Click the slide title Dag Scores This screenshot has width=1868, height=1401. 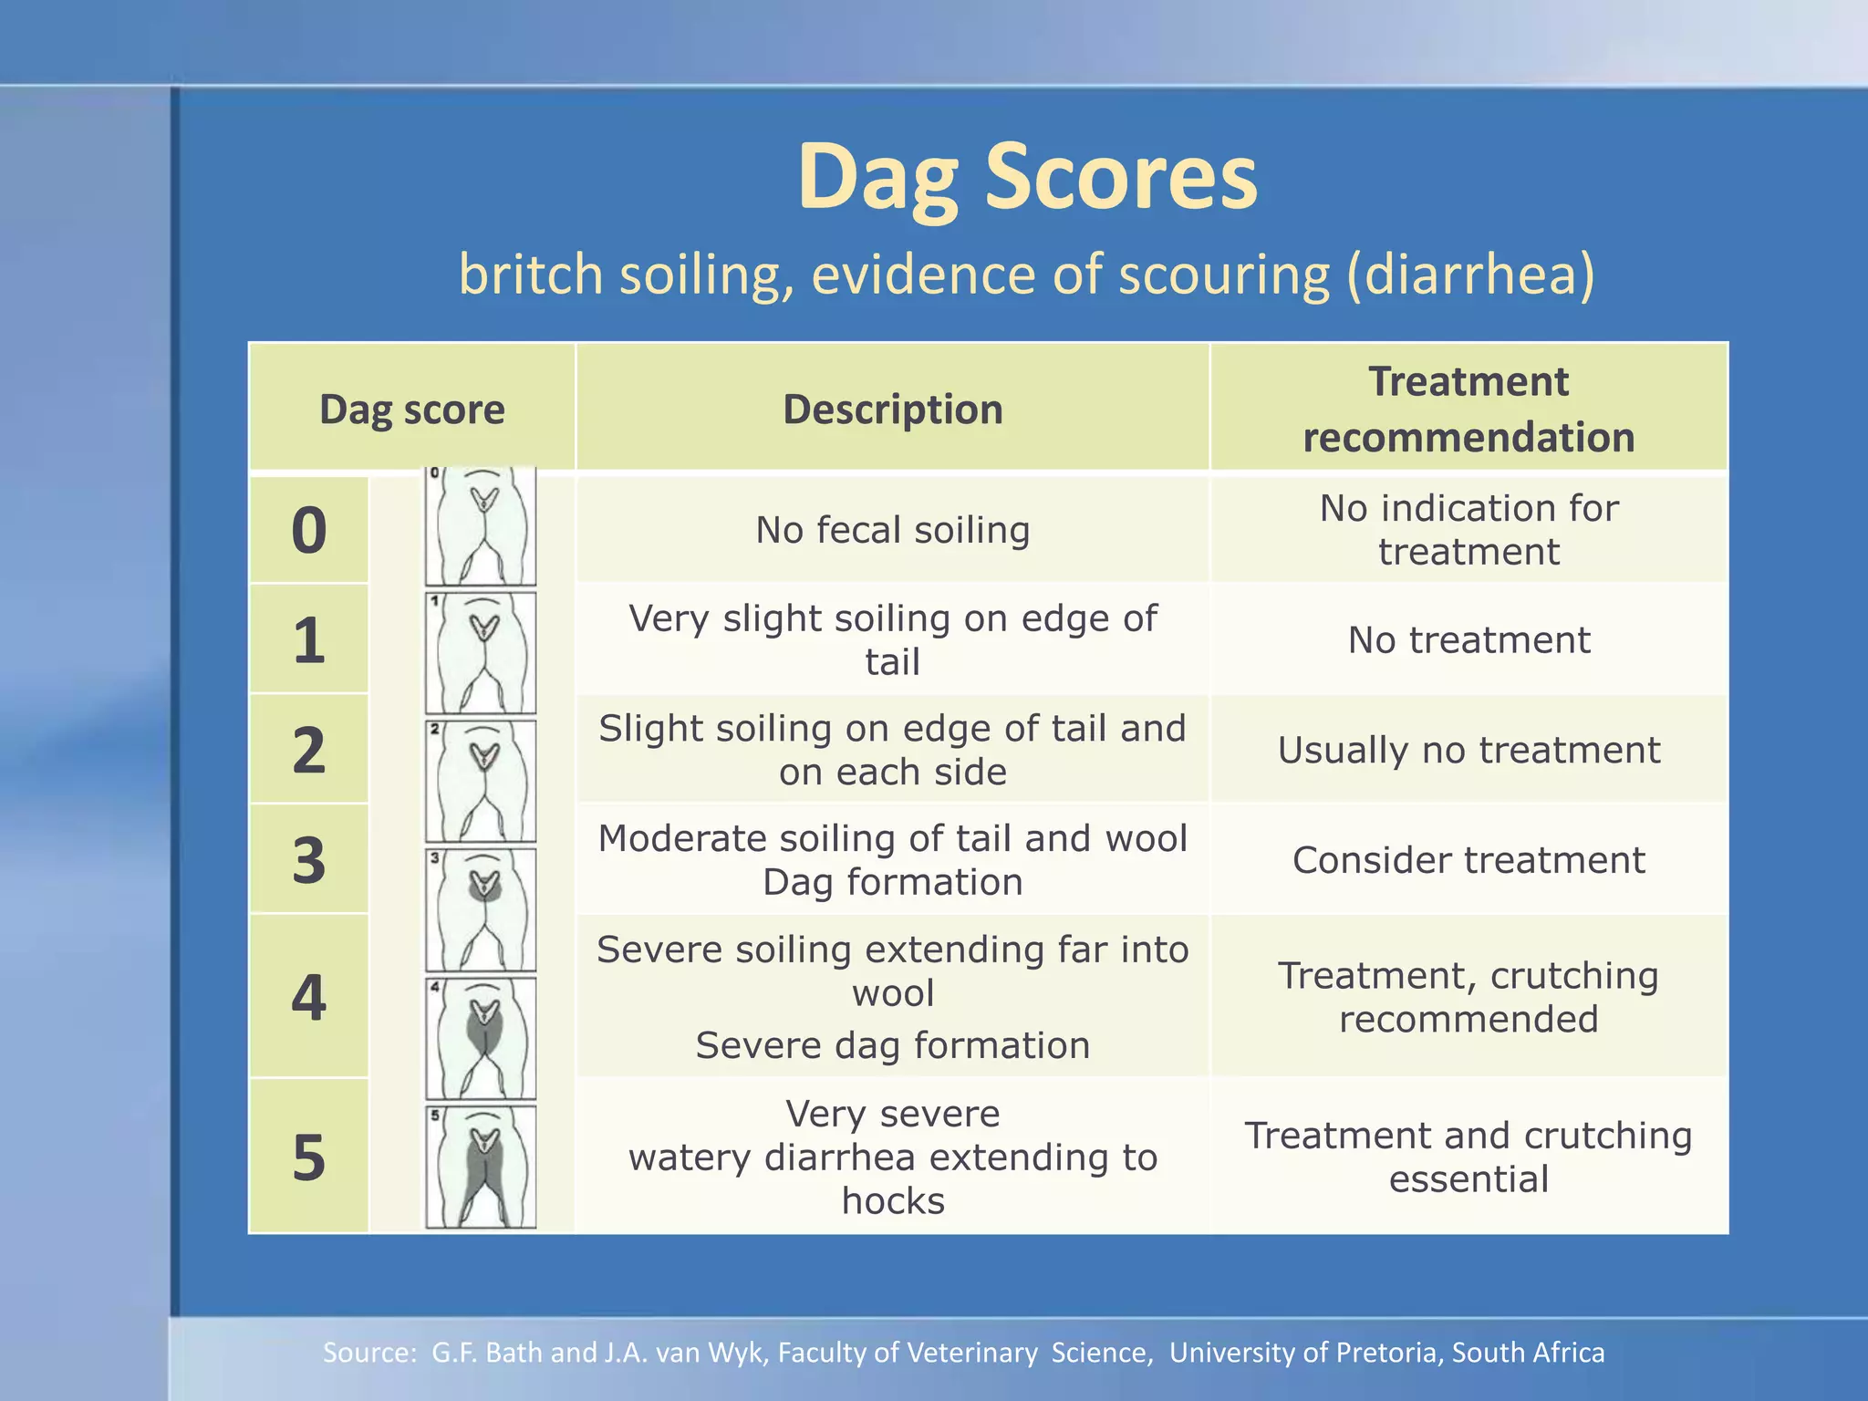(x=1027, y=177)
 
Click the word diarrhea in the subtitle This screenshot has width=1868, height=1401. (x=1469, y=275)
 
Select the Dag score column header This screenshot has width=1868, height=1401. (x=411, y=410)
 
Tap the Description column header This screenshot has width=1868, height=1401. (x=892, y=410)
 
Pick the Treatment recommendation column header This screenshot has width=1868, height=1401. (x=1468, y=410)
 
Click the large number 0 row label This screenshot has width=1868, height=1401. (x=309, y=531)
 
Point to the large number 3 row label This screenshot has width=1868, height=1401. (x=309, y=860)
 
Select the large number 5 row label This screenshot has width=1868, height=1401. (x=309, y=1157)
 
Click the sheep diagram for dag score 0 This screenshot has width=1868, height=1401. (x=481, y=527)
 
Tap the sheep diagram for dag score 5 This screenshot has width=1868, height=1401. (x=481, y=1167)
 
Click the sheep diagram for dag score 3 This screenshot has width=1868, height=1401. (x=481, y=910)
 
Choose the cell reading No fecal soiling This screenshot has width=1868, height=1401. (x=892, y=530)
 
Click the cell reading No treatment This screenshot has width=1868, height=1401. (x=1468, y=640)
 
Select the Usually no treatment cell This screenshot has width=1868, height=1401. (x=1468, y=751)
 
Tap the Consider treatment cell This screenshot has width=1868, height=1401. (x=1468, y=860)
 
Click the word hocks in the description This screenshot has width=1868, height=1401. (x=893, y=1201)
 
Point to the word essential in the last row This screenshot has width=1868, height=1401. (x=1468, y=1179)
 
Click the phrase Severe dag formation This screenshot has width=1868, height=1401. (x=892, y=1045)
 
